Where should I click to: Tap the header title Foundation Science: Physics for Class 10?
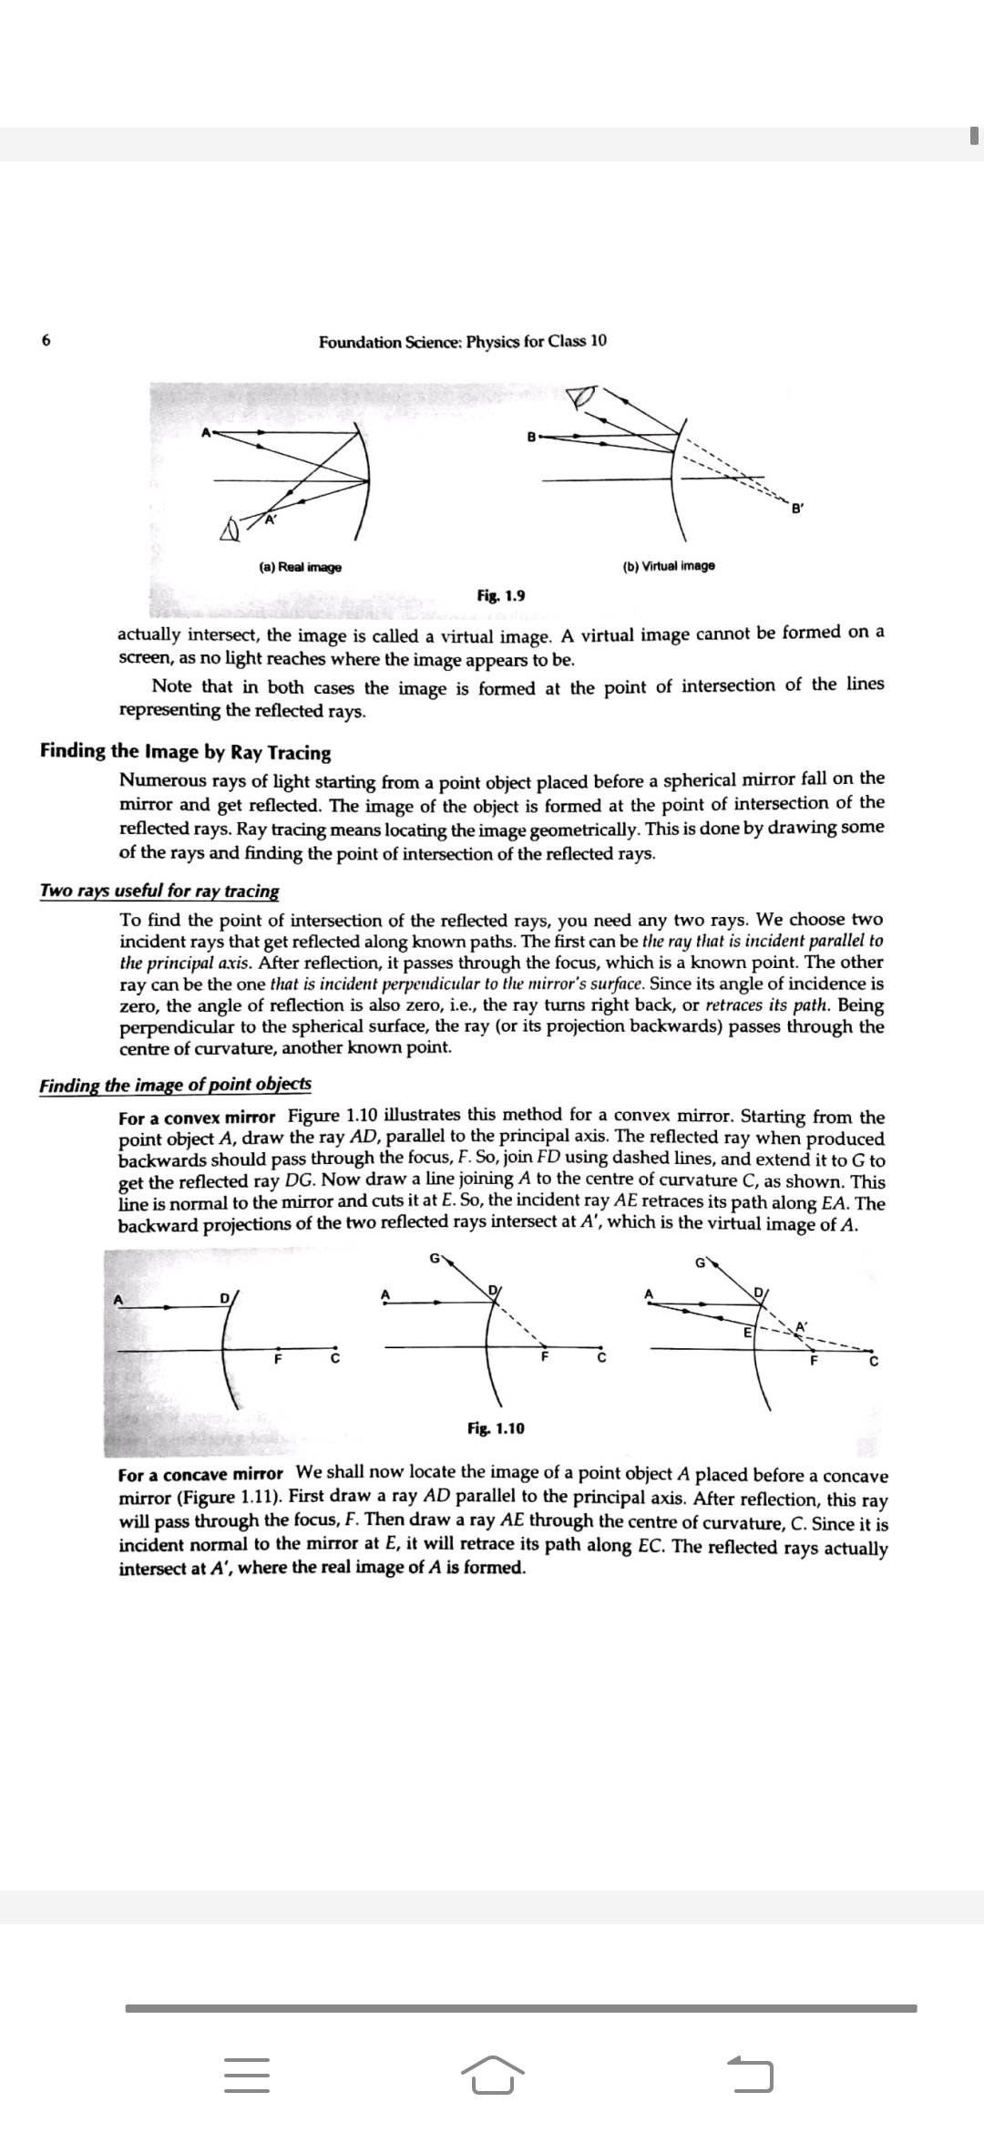(462, 342)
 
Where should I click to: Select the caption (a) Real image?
(300, 567)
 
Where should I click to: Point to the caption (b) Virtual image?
(669, 566)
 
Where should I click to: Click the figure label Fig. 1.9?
(500, 596)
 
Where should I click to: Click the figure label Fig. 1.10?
(495, 1427)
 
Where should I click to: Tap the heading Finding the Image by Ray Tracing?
(185, 752)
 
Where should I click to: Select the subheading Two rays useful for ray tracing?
(159, 891)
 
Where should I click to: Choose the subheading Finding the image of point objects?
(175, 1085)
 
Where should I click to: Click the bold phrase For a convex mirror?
(197, 1118)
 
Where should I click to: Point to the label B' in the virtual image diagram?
(797, 509)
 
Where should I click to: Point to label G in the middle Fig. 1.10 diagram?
(435, 1260)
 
